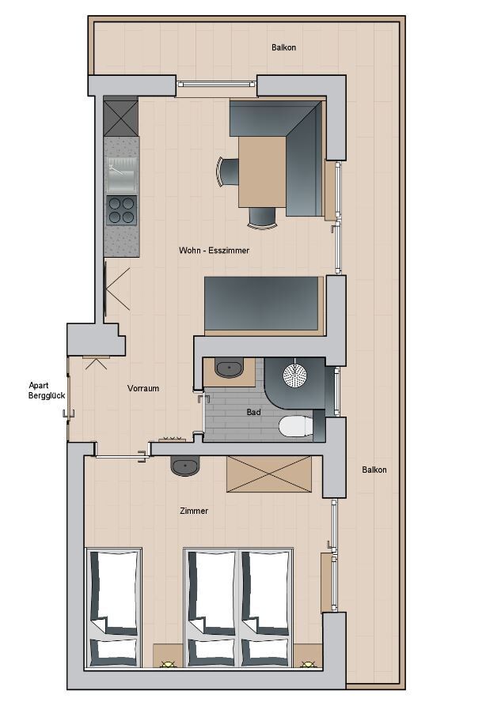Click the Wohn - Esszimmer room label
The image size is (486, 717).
coord(214,250)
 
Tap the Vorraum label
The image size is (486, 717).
coord(143,388)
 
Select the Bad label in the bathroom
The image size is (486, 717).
coord(253,412)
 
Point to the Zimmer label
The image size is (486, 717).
coord(194,511)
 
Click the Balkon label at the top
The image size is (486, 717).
coord(283,47)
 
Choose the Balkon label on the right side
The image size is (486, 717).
coord(374,470)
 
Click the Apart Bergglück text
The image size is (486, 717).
coord(46,391)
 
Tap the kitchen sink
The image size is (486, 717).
coord(121,174)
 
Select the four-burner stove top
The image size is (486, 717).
coord(121,210)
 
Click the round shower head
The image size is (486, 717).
coord(294,375)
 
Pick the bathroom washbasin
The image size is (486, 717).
coord(229,368)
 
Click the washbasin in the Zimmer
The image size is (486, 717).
coord(185,466)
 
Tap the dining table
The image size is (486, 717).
coord(263,172)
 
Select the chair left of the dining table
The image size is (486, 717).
coord(228,172)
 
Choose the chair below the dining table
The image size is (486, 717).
coord(263,217)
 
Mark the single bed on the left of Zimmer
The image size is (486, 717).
coord(113,608)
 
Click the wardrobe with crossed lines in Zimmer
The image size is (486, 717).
coord(269,474)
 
